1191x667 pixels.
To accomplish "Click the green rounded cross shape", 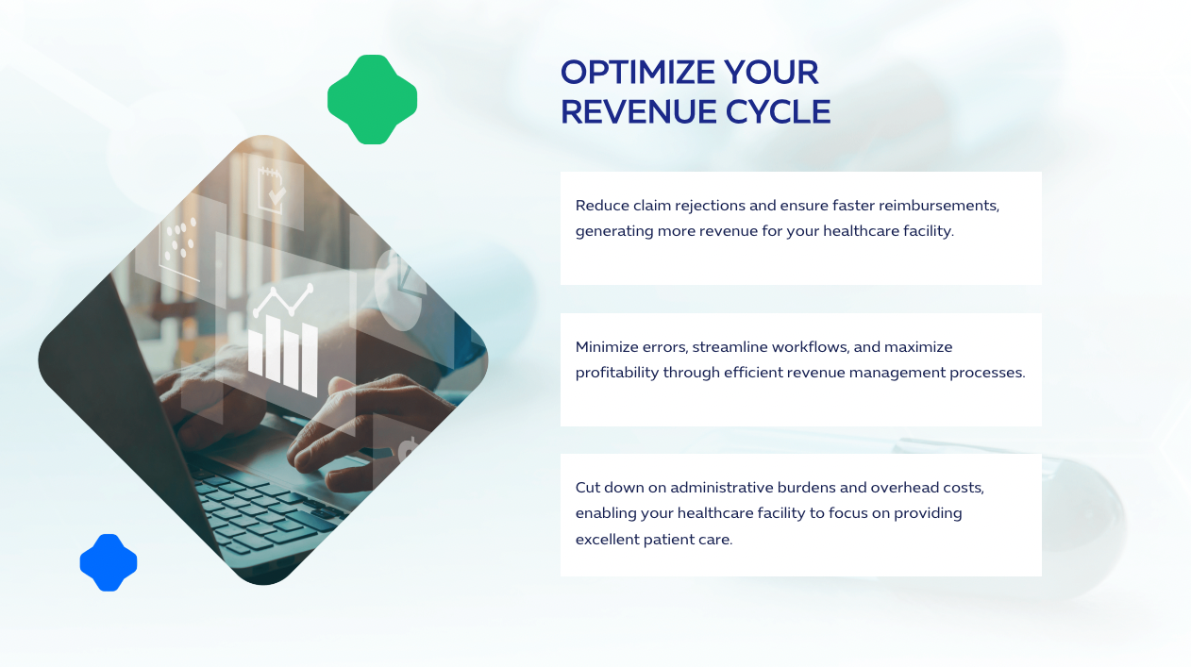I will [373, 100].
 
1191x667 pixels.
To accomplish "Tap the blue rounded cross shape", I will [109, 563].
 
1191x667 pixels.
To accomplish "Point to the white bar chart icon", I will [282, 356].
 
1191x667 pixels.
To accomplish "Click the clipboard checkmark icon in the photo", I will [275, 188].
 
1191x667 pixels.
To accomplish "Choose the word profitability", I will [617, 373].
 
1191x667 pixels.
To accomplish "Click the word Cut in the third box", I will [588, 488].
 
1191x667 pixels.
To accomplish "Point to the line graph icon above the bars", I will [282, 301].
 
